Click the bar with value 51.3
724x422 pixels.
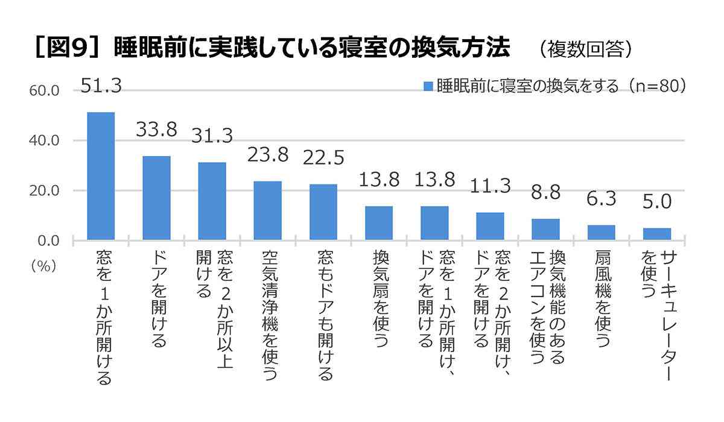point(101,176)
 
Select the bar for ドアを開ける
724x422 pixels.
point(156,198)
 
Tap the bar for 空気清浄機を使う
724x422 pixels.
point(267,210)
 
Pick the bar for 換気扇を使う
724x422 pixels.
point(378,223)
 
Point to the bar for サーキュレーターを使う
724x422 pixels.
point(656,234)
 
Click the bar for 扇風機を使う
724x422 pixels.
point(601,232)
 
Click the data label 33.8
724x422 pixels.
point(156,130)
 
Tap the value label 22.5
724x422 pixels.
point(323,157)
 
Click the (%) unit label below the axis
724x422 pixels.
point(43,266)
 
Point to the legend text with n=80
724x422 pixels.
point(561,86)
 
